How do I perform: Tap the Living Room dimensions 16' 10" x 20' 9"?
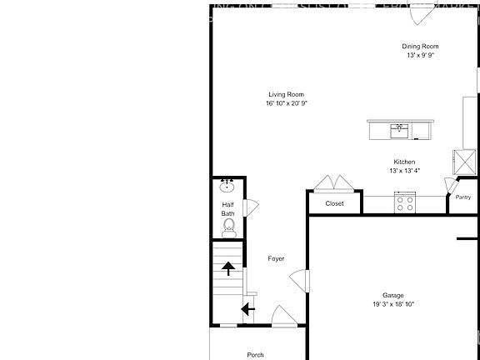(286, 103)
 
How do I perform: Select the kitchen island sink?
(400, 130)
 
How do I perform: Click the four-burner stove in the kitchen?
(406, 202)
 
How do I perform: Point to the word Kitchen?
(404, 162)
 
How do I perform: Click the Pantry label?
(463, 197)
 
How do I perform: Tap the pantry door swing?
(451, 185)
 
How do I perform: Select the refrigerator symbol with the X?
(462, 159)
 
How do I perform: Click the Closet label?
(334, 202)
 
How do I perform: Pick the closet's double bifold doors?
(333, 183)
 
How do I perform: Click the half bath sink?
(227, 187)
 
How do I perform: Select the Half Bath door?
(250, 207)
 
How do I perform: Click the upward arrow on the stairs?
(227, 267)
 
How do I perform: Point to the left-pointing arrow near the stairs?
(247, 310)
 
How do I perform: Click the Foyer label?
(276, 258)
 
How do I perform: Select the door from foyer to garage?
(305, 281)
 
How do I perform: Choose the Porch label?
(256, 354)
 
